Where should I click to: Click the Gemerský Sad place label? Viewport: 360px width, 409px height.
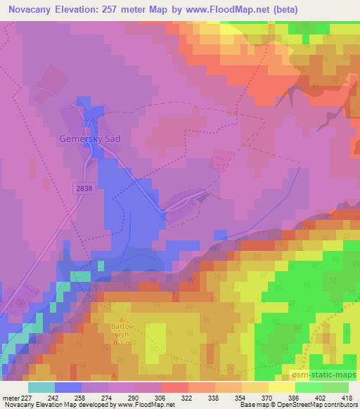pos(90,139)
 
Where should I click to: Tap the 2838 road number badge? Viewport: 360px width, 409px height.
pos(83,188)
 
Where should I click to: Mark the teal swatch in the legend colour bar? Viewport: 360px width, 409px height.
pos(41,387)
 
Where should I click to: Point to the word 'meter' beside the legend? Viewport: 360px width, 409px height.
pos(12,397)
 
